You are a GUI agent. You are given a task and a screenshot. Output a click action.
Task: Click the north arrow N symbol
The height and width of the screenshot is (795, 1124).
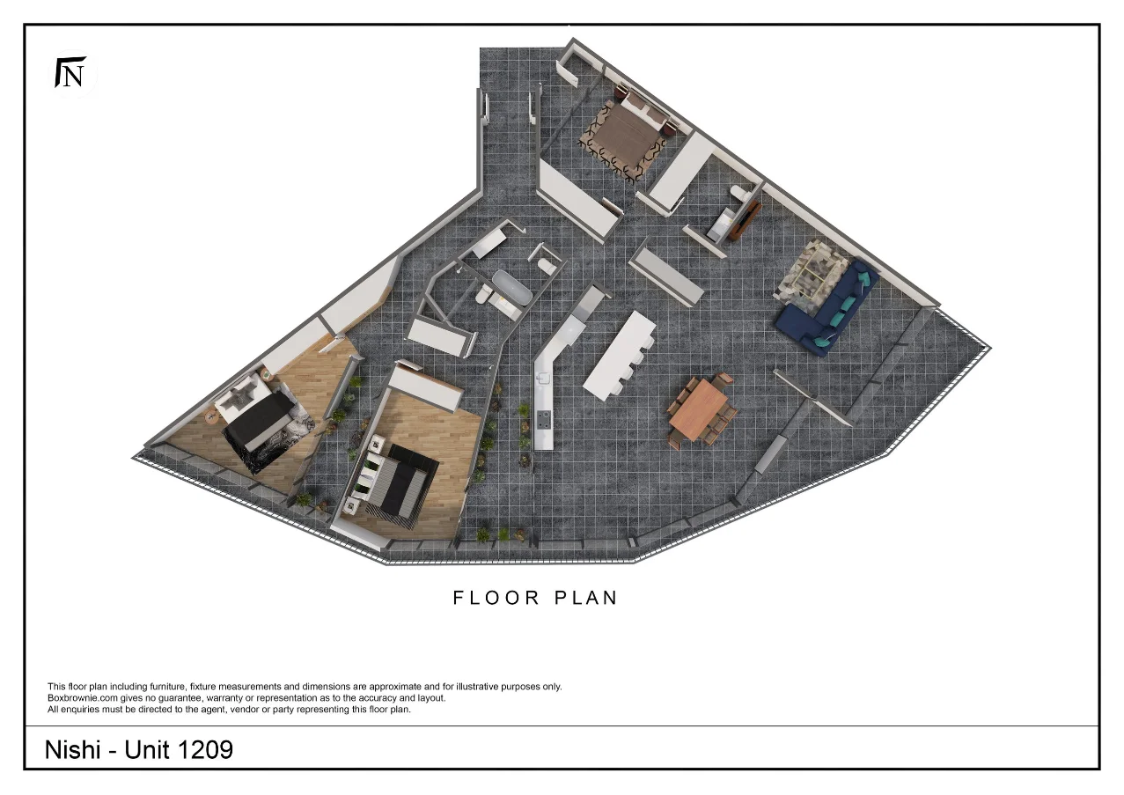(x=70, y=73)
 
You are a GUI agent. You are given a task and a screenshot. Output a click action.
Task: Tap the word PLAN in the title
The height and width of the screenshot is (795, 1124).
(x=586, y=598)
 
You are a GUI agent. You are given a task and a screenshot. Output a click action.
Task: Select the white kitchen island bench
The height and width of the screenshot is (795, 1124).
(x=621, y=353)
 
